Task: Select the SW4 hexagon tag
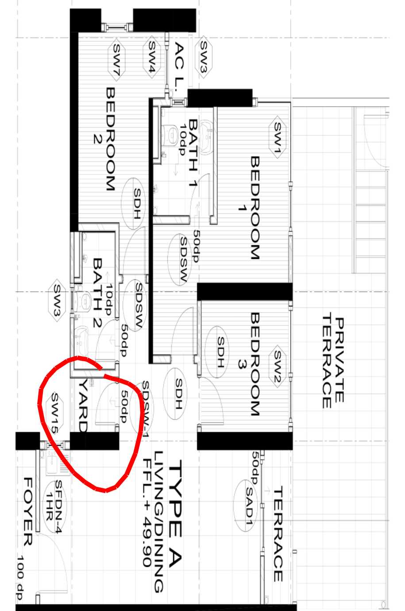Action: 151,57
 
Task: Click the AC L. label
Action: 179,66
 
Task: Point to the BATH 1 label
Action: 193,153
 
